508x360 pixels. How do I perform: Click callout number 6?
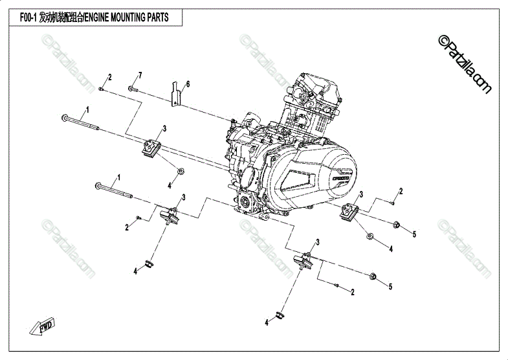[x=188, y=85]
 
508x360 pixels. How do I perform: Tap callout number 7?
[x=140, y=76]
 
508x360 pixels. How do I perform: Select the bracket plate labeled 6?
[x=175, y=94]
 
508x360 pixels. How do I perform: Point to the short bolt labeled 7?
[x=131, y=88]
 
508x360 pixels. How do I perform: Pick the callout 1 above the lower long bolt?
[x=118, y=177]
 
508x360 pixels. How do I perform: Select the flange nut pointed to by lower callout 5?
[x=373, y=276]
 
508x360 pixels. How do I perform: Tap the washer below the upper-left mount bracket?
[x=181, y=171]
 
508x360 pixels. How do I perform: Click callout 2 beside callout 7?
[x=110, y=77]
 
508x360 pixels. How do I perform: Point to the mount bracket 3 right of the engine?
[x=350, y=212]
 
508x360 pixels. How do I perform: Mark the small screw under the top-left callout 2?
[x=102, y=88]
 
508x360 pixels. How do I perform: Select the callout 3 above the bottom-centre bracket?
[x=318, y=242]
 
